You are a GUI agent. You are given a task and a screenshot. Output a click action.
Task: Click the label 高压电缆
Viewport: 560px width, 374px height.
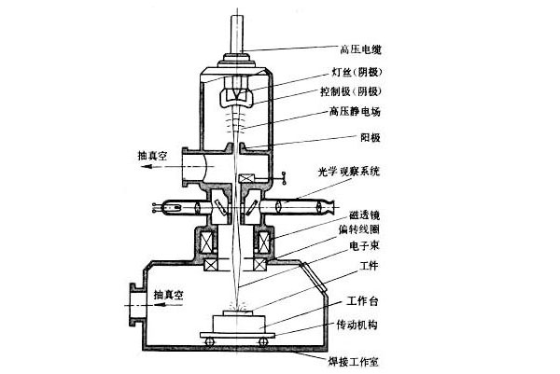click(360, 48)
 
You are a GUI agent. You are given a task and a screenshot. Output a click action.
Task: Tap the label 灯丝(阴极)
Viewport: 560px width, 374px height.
click(357, 72)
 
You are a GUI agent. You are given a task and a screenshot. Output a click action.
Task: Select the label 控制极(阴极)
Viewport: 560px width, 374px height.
click(351, 91)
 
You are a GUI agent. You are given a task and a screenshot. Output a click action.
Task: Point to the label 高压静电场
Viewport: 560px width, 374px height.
click(355, 112)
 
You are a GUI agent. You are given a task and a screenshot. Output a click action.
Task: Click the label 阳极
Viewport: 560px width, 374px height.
click(370, 137)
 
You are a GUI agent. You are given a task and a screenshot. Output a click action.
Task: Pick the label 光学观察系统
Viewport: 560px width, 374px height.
click(349, 172)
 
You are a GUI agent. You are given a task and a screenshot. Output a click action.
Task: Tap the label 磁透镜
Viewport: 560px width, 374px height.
click(364, 215)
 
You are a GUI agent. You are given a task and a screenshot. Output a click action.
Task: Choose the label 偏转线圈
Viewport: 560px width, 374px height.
click(359, 229)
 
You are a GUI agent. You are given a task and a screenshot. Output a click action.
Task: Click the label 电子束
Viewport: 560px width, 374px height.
click(364, 246)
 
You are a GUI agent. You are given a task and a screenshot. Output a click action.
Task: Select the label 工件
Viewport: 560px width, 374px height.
click(370, 266)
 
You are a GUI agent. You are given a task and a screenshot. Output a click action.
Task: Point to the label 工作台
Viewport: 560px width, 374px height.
click(362, 301)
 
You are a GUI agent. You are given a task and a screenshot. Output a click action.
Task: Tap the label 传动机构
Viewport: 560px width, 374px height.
click(357, 325)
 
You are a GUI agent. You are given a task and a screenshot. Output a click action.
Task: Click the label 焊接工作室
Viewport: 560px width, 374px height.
click(353, 362)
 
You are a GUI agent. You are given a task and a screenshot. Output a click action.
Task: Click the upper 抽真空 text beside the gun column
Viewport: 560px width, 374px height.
click(152, 156)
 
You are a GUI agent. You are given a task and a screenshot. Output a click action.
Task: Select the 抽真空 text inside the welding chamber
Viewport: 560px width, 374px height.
click(169, 295)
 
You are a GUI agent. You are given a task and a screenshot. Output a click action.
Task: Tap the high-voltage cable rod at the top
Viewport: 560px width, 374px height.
click(237, 34)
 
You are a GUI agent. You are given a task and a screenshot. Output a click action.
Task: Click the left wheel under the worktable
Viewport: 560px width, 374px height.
click(209, 341)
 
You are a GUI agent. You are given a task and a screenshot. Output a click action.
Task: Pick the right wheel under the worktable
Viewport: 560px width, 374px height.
click(263, 341)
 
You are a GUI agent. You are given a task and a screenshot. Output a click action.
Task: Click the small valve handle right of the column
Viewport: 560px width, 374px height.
click(284, 178)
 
